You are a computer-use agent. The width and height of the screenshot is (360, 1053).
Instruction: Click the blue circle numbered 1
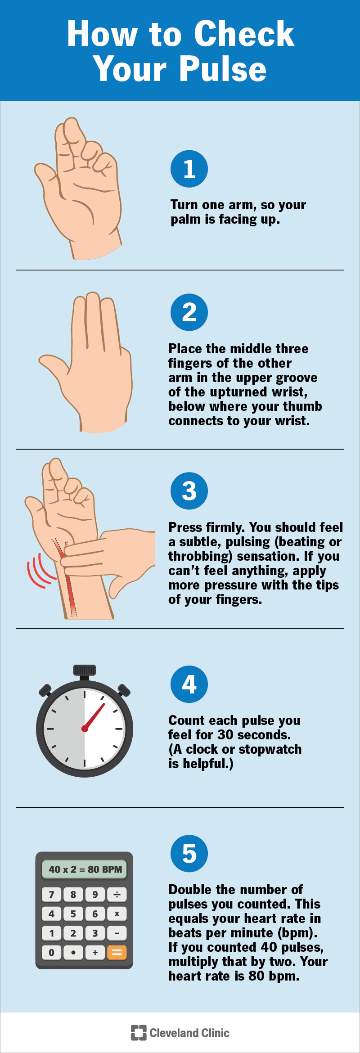coord(189,169)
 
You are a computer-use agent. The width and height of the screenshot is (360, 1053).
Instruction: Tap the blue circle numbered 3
coord(189,490)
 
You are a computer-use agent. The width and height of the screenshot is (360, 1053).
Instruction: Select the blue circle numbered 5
coord(189,854)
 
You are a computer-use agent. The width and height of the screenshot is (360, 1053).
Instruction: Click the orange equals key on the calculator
coord(117,952)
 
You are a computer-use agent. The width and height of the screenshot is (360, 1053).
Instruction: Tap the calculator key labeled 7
coord(51,894)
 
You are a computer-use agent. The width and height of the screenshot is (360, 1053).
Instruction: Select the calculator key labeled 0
coord(51,952)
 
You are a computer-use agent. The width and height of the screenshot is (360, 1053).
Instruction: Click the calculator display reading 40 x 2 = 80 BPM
coord(85,869)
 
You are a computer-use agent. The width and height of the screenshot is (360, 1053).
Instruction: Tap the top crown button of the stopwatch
coord(85,670)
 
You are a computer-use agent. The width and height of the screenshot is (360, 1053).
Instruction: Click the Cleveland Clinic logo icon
coord(139,1033)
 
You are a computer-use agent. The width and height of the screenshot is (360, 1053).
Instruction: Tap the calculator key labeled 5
coord(73,913)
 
